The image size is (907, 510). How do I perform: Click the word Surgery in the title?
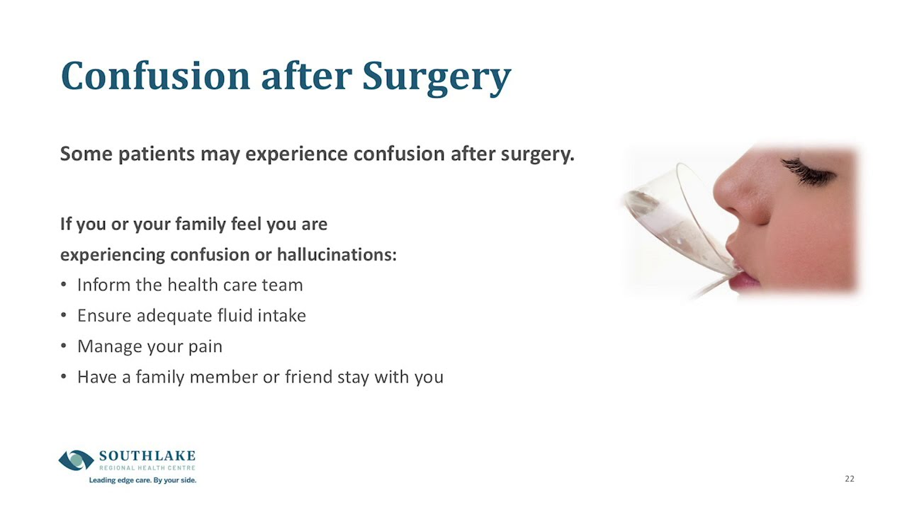[436, 76]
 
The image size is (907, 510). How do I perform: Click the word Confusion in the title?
[155, 76]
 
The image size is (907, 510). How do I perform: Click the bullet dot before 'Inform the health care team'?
[63, 285]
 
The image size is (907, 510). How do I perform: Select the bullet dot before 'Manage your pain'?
[63, 346]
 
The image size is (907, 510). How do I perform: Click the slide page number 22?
[849, 479]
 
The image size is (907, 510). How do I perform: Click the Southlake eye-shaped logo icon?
[76, 460]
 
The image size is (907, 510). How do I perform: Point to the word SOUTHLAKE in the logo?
[147, 455]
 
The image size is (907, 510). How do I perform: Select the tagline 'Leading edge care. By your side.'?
[142, 480]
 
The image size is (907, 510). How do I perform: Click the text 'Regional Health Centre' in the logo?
[147, 467]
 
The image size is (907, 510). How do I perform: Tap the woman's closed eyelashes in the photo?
[808, 171]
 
